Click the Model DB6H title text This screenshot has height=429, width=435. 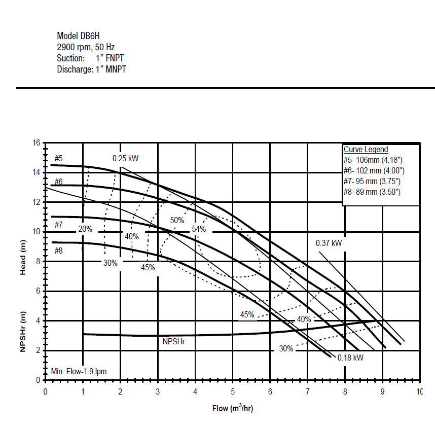click(x=78, y=36)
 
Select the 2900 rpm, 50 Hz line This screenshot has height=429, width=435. click(x=86, y=47)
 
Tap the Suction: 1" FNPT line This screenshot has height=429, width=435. click(x=90, y=58)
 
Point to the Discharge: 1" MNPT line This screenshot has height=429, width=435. click(x=91, y=69)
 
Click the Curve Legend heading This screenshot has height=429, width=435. click(x=366, y=149)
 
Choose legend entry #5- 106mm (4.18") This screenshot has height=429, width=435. click(x=373, y=160)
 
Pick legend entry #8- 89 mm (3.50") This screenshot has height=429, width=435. click(x=372, y=192)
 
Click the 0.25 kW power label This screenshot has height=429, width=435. click(x=125, y=158)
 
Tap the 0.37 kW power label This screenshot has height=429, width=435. click(x=329, y=243)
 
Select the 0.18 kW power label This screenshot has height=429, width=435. click(x=350, y=357)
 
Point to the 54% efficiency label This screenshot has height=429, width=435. click(x=199, y=229)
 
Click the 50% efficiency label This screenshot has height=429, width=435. click(x=177, y=220)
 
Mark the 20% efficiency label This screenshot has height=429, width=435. click(x=85, y=229)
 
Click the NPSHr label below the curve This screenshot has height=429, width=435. click(x=174, y=342)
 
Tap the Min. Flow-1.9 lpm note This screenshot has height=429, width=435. click(x=79, y=371)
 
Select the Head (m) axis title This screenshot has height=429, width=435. click(x=23, y=258)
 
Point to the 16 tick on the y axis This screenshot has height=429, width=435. click(x=37, y=142)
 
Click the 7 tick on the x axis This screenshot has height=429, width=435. click(x=307, y=391)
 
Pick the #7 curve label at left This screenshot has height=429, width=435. click(x=58, y=225)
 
